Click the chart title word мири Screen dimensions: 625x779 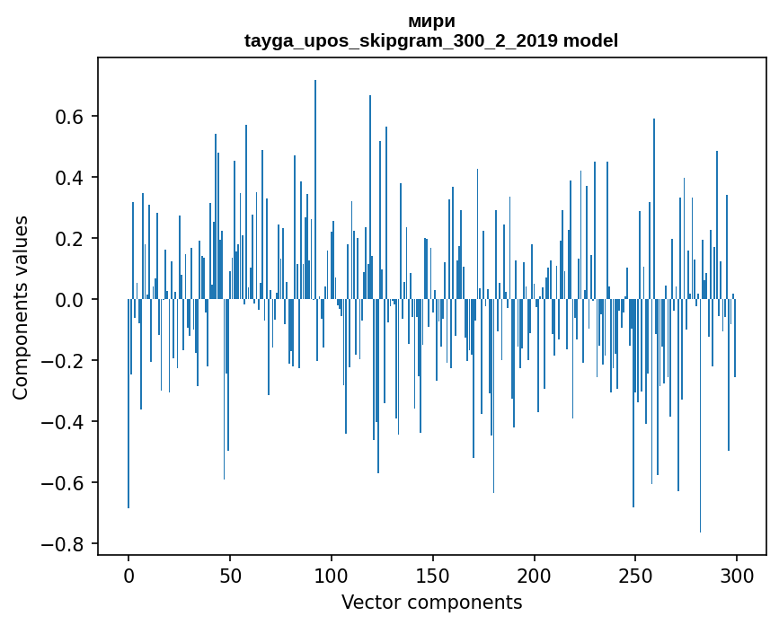point(431,22)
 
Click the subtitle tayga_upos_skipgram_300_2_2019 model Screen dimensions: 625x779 point(431,40)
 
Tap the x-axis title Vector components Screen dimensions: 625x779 point(431,602)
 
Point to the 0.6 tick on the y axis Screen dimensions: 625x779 point(70,117)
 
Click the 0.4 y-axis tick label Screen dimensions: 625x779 point(70,178)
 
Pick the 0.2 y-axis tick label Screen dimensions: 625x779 point(70,239)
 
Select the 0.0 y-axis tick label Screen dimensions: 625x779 point(70,300)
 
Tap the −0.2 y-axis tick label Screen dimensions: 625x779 point(65,361)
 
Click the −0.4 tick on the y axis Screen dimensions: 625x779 point(65,422)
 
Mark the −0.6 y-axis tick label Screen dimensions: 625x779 point(65,483)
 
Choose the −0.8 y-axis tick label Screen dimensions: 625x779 point(65,544)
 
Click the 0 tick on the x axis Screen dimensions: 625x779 point(128,574)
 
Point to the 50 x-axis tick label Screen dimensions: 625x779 point(230,574)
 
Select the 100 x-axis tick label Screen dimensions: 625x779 point(332,574)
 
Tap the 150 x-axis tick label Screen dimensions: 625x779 point(433,574)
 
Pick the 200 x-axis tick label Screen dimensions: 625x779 point(535,574)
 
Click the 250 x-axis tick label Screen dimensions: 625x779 point(636,574)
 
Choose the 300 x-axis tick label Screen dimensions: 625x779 point(738,574)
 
